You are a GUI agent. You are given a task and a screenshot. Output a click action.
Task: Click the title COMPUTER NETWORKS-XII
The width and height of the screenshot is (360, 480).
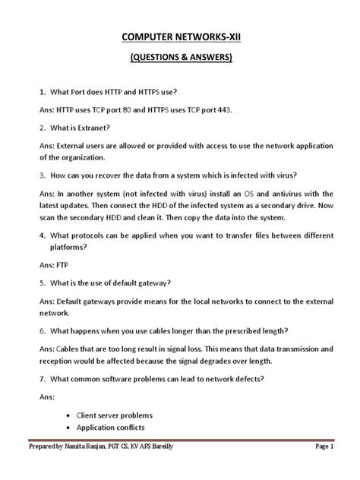click(x=178, y=38)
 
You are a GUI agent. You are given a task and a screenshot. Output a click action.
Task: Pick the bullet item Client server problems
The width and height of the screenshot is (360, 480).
click(x=114, y=415)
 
